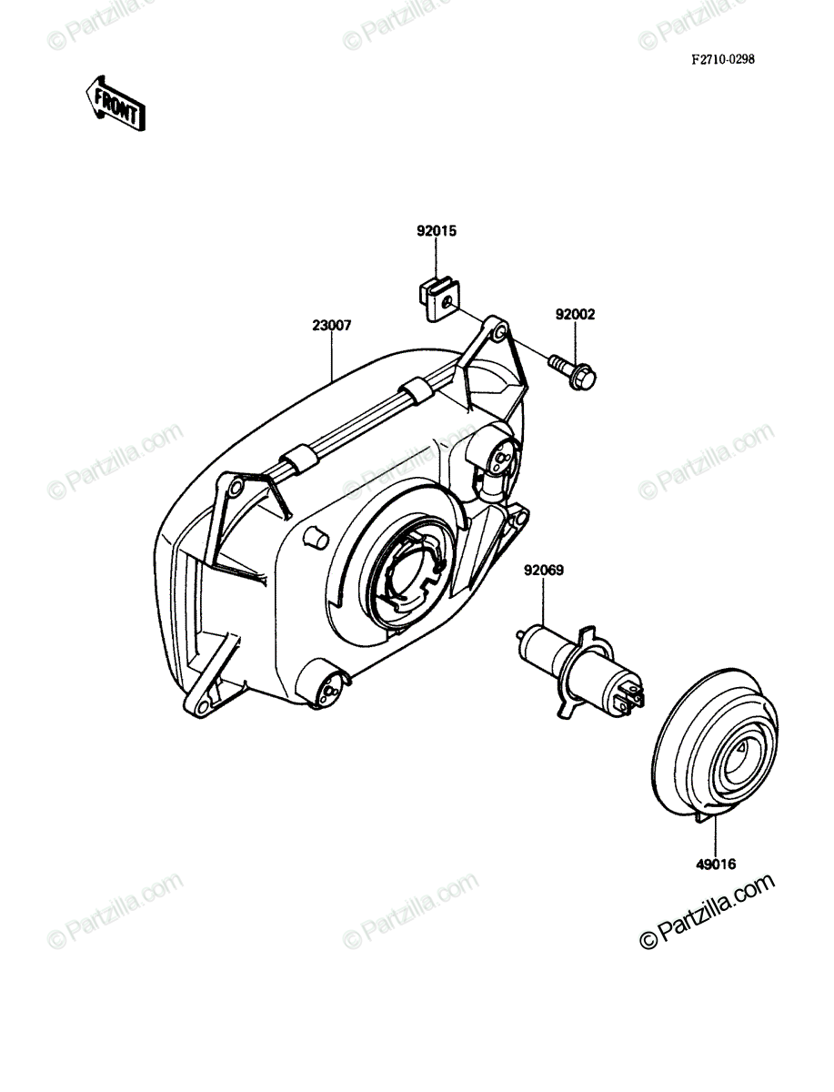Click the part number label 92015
pyautogui.click(x=436, y=231)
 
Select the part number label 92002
pyautogui.click(x=575, y=315)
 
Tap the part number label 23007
pyautogui.click(x=332, y=325)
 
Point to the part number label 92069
pyautogui.click(x=544, y=571)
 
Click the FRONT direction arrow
pyautogui.click(x=116, y=104)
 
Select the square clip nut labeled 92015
pyautogui.click(x=437, y=300)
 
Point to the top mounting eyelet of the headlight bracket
pyautogui.click(x=500, y=331)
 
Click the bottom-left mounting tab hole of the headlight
pyautogui.click(x=201, y=707)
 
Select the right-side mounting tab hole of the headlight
pyautogui.click(x=520, y=520)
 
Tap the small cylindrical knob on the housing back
pyautogui.click(x=316, y=538)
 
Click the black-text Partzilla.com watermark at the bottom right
pyautogui.click(x=707, y=911)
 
